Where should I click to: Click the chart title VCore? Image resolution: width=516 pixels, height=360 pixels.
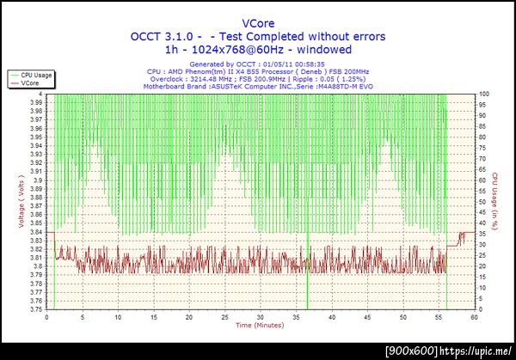258,23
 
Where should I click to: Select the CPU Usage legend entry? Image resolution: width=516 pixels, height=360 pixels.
36,76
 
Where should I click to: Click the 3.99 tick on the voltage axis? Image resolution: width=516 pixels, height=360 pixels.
36,102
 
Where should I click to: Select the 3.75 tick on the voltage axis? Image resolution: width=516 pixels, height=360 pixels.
36,309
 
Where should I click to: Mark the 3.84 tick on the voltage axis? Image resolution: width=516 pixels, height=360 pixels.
36,232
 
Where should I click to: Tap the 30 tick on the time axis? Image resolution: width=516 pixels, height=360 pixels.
260,316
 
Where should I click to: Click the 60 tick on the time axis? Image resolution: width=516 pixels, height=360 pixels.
473,316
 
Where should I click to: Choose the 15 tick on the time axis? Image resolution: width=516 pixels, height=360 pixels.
153,316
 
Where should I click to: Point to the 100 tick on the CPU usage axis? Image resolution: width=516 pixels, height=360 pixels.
484,94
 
